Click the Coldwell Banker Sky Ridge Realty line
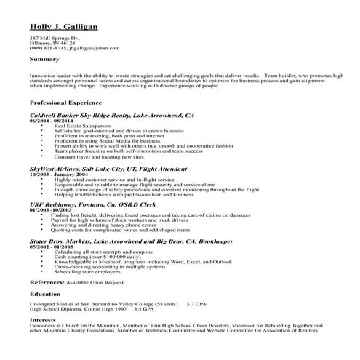click(111, 115)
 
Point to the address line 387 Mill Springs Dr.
click(55, 37)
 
